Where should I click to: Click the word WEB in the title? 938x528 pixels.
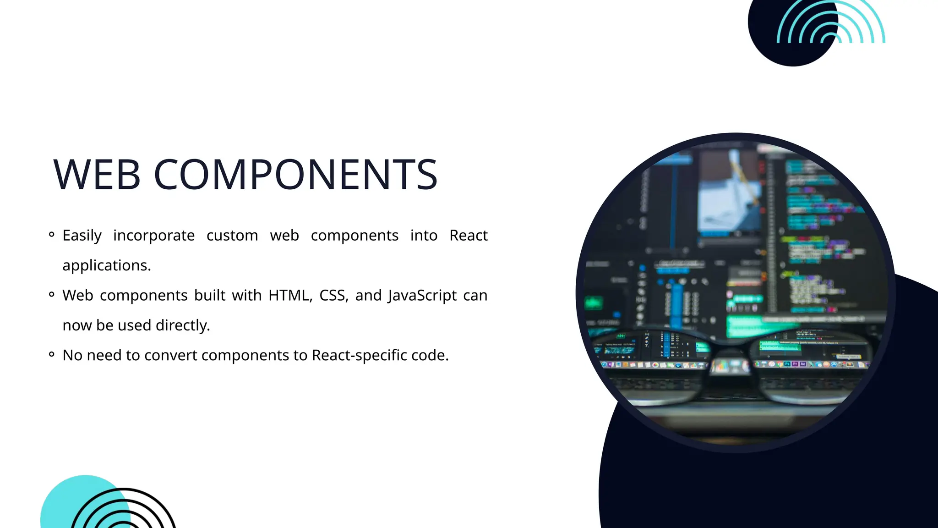[x=97, y=174]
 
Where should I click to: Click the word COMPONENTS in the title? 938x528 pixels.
[x=295, y=174]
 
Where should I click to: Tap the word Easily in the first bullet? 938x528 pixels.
[x=82, y=236]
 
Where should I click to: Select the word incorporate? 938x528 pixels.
[x=154, y=236]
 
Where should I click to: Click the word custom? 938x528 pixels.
[x=232, y=236]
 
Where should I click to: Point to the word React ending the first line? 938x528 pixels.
[x=468, y=236]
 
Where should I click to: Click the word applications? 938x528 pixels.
[x=106, y=265]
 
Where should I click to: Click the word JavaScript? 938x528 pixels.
[x=422, y=296]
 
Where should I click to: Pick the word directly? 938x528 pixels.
[x=183, y=325]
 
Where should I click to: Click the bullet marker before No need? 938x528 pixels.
[x=52, y=354]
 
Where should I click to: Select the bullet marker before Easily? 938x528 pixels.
[x=52, y=235]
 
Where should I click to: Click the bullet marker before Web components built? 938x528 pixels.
[x=52, y=295]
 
